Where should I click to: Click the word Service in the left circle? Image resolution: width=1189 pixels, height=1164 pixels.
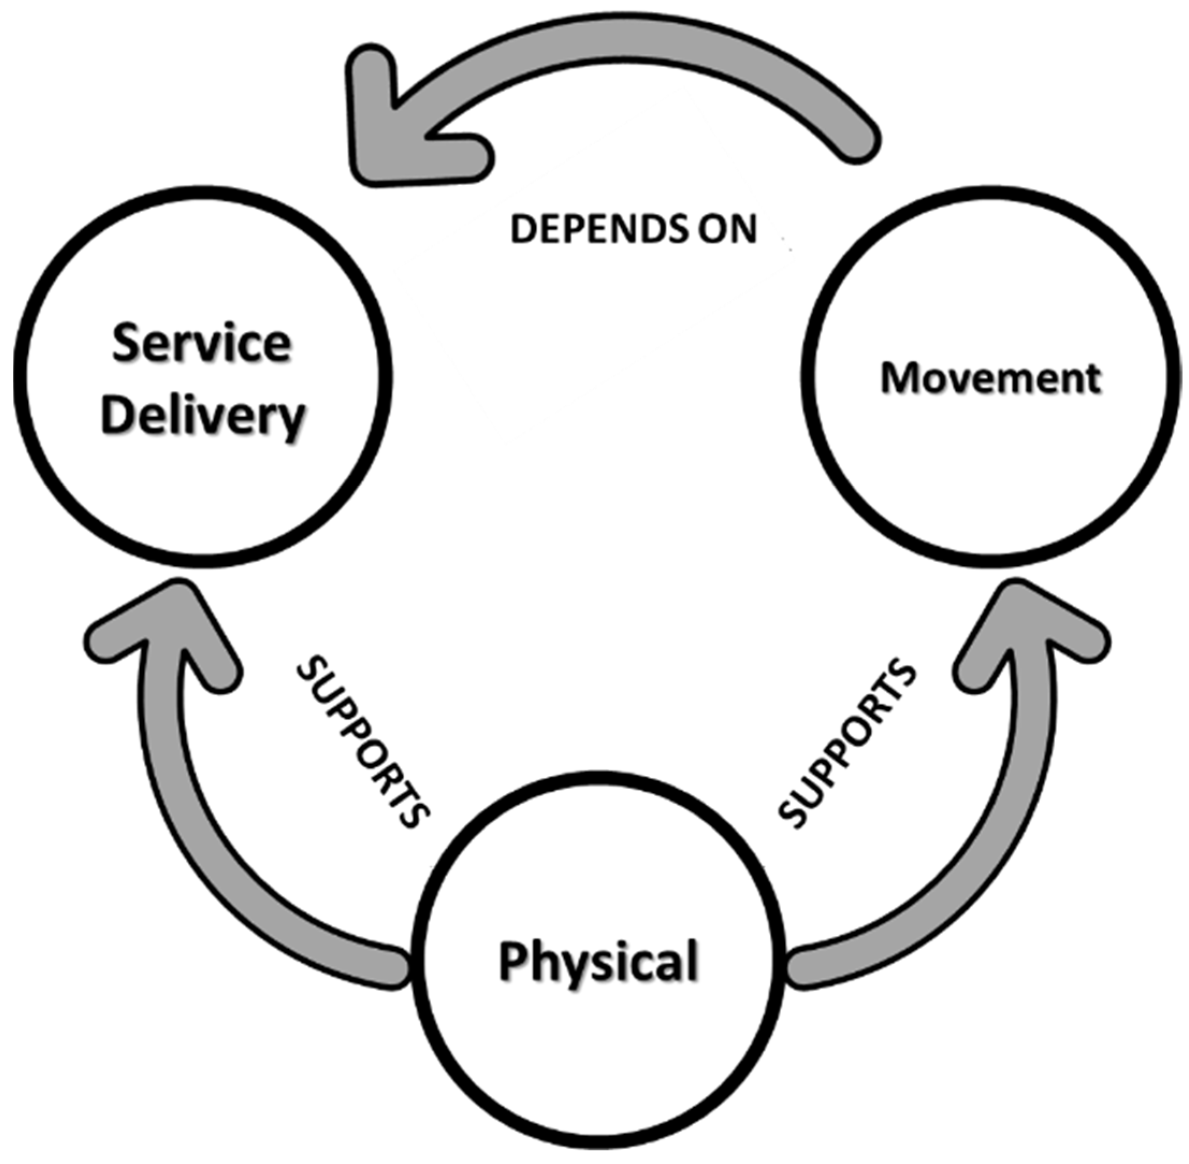202,344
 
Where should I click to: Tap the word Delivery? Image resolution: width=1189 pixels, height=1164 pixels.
203,416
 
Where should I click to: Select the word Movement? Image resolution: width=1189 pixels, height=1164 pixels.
990,378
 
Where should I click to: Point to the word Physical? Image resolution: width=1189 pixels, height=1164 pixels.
598,961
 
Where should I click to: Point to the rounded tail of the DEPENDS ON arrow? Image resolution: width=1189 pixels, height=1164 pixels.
856,141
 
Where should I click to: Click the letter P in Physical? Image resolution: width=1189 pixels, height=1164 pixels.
512,961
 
